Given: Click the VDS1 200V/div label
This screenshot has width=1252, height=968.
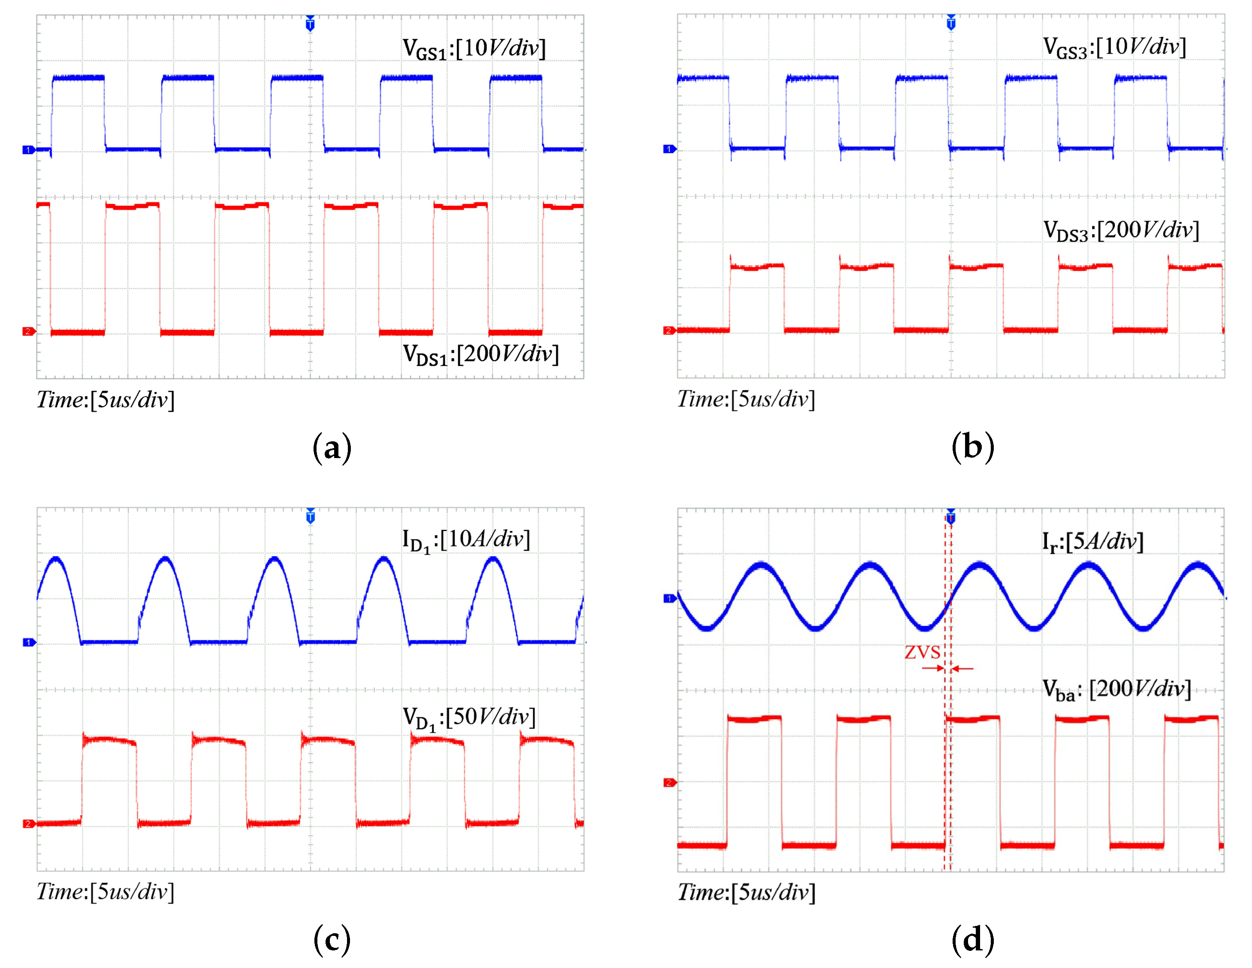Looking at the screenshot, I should [480, 354].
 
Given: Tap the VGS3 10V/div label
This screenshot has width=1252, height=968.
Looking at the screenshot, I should [1114, 47].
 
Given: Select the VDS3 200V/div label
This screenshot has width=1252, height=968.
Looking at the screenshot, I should [1121, 230].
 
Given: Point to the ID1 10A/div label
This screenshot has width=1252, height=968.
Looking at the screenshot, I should [465, 540].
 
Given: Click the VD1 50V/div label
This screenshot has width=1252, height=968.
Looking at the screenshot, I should [468, 718].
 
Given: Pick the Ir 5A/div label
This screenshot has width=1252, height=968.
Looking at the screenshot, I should [1092, 541].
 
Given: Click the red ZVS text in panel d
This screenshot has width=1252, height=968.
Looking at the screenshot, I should [922, 652].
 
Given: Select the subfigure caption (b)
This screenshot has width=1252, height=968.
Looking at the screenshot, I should [972, 446].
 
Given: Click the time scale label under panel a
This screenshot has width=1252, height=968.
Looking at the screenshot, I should [106, 399].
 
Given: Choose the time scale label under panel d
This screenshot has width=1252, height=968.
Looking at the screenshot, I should [746, 892].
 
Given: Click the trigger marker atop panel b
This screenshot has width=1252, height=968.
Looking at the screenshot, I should [951, 23].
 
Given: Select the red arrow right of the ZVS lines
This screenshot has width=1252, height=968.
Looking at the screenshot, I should [962, 668].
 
